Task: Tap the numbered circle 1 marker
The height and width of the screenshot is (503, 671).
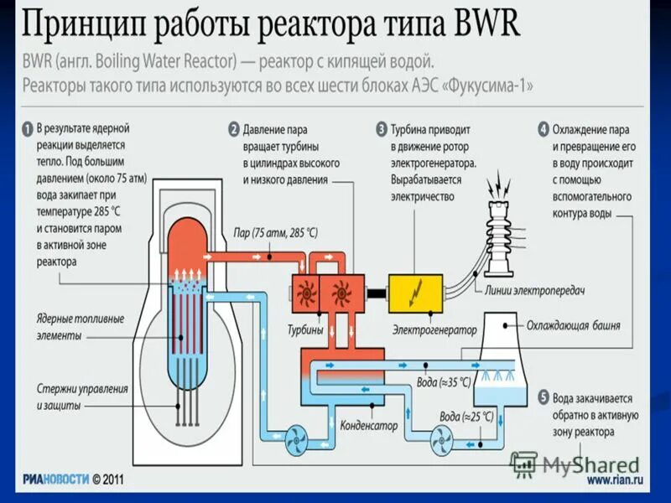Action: pos(26,130)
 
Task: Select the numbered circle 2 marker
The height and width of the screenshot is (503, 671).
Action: pos(234,130)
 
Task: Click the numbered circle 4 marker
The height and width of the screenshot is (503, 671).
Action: pos(544,130)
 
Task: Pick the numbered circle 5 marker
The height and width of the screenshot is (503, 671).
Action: pos(544,399)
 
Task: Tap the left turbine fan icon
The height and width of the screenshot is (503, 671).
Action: pos(304,293)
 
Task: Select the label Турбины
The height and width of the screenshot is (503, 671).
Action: pos(307,330)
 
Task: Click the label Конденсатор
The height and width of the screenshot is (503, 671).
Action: pos(368,426)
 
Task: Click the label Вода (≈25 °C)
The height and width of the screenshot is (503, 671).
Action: pos(463,416)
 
